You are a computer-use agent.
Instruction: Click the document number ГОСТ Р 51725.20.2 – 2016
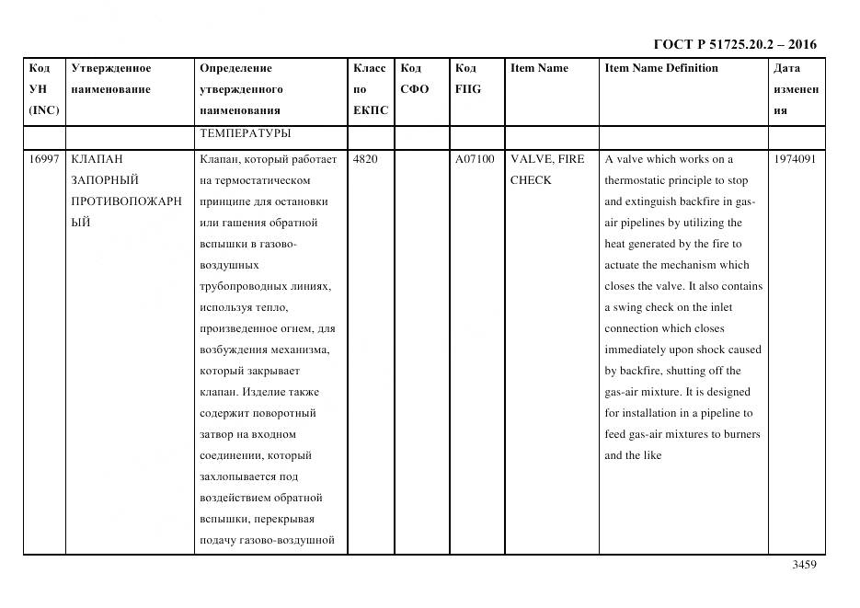click(734, 44)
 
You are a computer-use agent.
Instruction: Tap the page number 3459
click(804, 565)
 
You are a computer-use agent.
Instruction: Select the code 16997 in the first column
click(43, 159)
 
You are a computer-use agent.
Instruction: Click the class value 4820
click(364, 159)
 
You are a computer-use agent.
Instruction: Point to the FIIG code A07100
click(475, 159)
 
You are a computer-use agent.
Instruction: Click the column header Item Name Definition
click(660, 68)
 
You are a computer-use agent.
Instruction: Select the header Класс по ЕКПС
click(371, 89)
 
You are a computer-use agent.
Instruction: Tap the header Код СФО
click(415, 79)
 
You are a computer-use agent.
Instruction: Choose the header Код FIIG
click(467, 79)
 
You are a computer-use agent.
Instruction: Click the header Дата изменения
click(796, 89)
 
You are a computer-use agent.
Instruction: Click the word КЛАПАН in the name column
click(97, 159)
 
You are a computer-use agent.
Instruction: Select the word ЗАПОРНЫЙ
click(104, 180)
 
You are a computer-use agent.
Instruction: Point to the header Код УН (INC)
click(43, 89)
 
